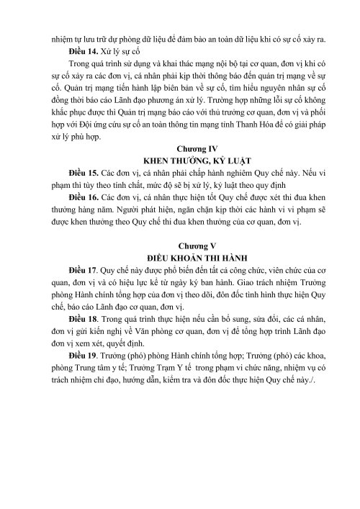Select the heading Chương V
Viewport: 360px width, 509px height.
click(x=180, y=263)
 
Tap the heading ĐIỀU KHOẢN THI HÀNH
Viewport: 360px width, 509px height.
click(x=180, y=276)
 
